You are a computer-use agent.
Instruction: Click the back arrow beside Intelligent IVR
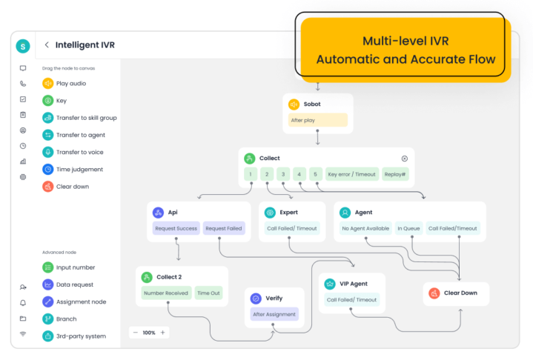47,45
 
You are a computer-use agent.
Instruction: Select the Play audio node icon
48,83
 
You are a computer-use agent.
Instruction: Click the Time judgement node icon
48,169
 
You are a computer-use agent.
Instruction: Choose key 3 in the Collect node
283,174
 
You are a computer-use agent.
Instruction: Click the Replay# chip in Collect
395,174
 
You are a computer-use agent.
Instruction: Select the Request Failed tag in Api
224,228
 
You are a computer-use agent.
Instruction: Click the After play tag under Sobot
317,120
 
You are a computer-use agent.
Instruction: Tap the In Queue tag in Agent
408,228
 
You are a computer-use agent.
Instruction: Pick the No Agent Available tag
365,228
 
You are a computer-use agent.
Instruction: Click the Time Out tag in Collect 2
208,293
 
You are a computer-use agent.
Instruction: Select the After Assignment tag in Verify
274,314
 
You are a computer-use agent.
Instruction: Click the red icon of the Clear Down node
434,293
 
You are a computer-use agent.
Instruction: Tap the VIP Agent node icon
330,284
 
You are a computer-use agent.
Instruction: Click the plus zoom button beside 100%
163,333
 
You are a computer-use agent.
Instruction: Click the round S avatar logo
23,46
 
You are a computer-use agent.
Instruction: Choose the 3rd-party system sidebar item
74,336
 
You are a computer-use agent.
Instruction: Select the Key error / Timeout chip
352,174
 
